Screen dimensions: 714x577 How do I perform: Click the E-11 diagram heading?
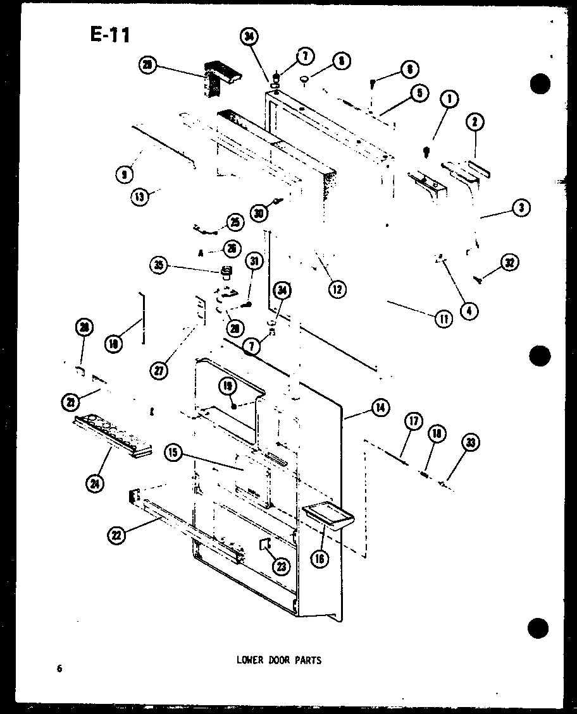(111, 35)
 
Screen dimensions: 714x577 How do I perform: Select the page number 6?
(59, 669)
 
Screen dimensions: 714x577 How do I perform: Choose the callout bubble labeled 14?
(380, 408)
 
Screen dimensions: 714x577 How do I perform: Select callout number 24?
(96, 484)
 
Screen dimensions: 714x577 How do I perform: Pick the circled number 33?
(470, 443)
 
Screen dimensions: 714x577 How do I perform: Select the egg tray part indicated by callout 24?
(114, 435)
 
